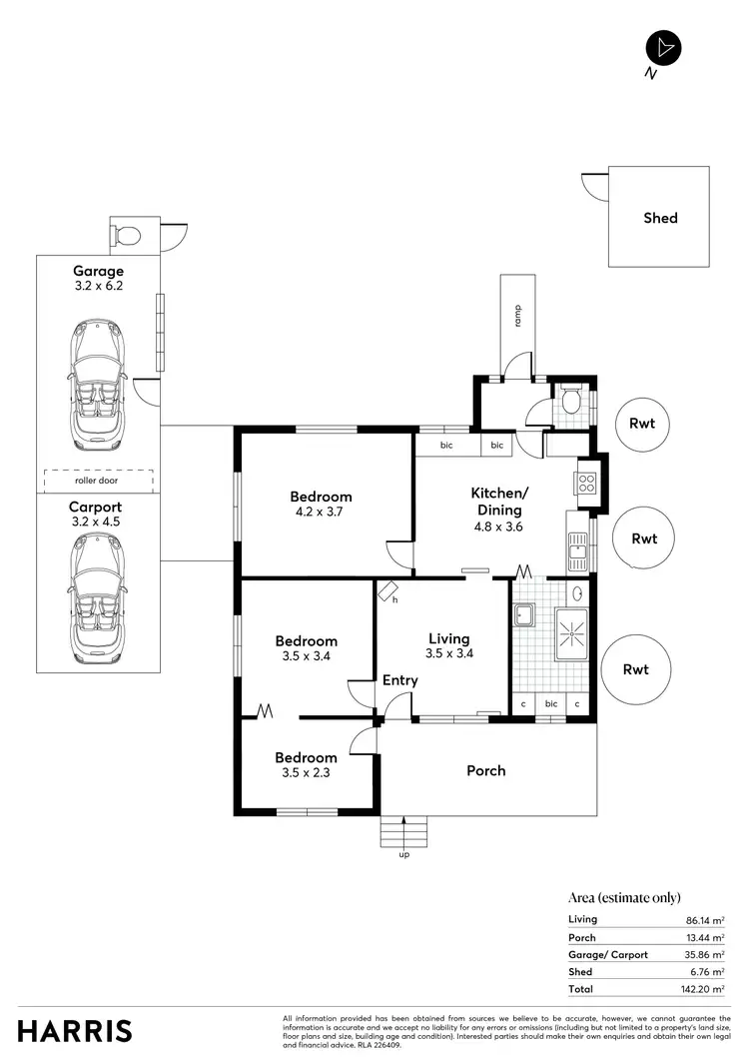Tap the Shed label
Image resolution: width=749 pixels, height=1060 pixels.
(x=660, y=218)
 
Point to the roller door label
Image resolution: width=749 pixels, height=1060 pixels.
(x=97, y=481)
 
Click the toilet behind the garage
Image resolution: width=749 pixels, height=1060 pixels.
(x=128, y=236)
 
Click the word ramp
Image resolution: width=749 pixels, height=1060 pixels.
(x=518, y=316)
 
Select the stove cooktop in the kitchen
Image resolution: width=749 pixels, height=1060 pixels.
(x=585, y=484)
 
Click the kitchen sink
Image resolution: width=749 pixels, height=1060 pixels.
(x=578, y=544)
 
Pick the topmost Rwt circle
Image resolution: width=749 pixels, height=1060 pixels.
(x=642, y=424)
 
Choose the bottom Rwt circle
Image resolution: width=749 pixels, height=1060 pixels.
(x=635, y=669)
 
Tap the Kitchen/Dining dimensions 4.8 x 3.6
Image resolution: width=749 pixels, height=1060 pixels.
(x=498, y=527)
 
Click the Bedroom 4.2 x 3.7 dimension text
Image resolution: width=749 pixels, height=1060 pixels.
(x=321, y=514)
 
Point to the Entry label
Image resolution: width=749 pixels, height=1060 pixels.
(x=400, y=681)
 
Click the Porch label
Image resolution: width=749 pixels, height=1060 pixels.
(x=486, y=770)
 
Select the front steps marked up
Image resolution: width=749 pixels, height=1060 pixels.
(x=403, y=831)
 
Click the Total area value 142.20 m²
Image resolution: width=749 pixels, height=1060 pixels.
(x=703, y=989)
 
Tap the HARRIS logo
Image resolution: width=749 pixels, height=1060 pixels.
(x=75, y=1031)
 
